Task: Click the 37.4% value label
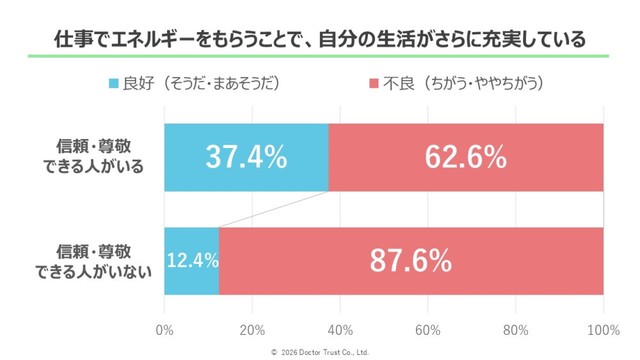pyautogui.click(x=246, y=157)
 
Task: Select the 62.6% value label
pyautogui.click(x=465, y=157)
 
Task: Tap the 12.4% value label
pyautogui.click(x=191, y=261)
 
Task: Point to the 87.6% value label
pyautogui.click(x=411, y=261)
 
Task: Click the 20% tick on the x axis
pyautogui.click(x=252, y=329)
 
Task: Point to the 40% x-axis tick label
pyautogui.click(x=340, y=329)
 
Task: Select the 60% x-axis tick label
pyautogui.click(x=428, y=329)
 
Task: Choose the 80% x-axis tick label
pyautogui.click(x=516, y=329)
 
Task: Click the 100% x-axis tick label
pyautogui.click(x=602, y=329)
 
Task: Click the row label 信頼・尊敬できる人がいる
pyautogui.click(x=100, y=157)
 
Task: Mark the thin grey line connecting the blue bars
pyautogui.click(x=273, y=209)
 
